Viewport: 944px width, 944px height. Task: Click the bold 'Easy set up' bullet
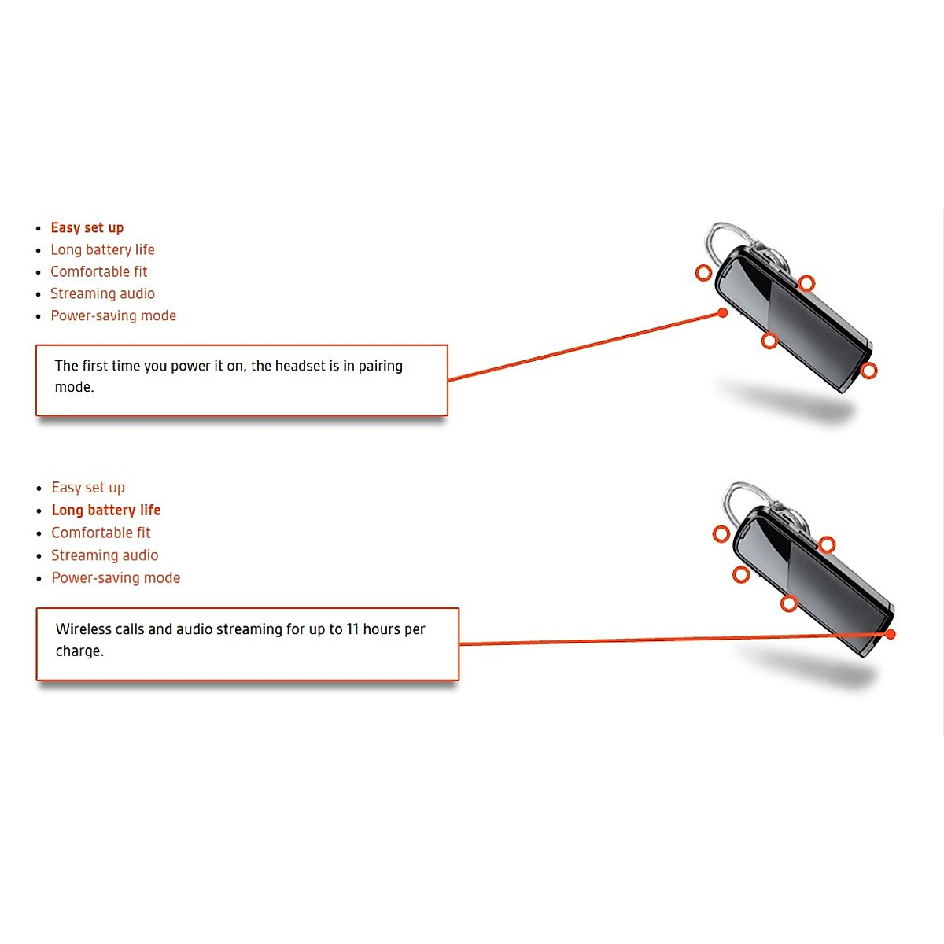87,227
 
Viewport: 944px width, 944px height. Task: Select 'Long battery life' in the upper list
102,249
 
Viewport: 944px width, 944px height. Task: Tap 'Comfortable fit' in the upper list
99,271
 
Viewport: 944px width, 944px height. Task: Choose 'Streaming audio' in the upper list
102,293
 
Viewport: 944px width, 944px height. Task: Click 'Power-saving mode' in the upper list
113,315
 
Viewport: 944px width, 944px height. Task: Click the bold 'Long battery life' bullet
106,510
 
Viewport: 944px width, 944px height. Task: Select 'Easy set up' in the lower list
88,488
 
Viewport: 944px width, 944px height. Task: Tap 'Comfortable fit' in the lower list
101,533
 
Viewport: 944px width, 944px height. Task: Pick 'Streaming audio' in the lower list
105,555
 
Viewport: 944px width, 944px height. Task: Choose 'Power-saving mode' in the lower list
116,577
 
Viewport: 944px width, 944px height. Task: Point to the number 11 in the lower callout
352,629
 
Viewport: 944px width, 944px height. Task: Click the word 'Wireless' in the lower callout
83,629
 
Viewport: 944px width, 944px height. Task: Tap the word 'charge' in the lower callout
78,651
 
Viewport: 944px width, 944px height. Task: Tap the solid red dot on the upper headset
723,313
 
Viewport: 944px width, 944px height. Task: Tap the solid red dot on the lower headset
891,634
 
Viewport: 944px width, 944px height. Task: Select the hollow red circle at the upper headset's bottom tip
868,371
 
